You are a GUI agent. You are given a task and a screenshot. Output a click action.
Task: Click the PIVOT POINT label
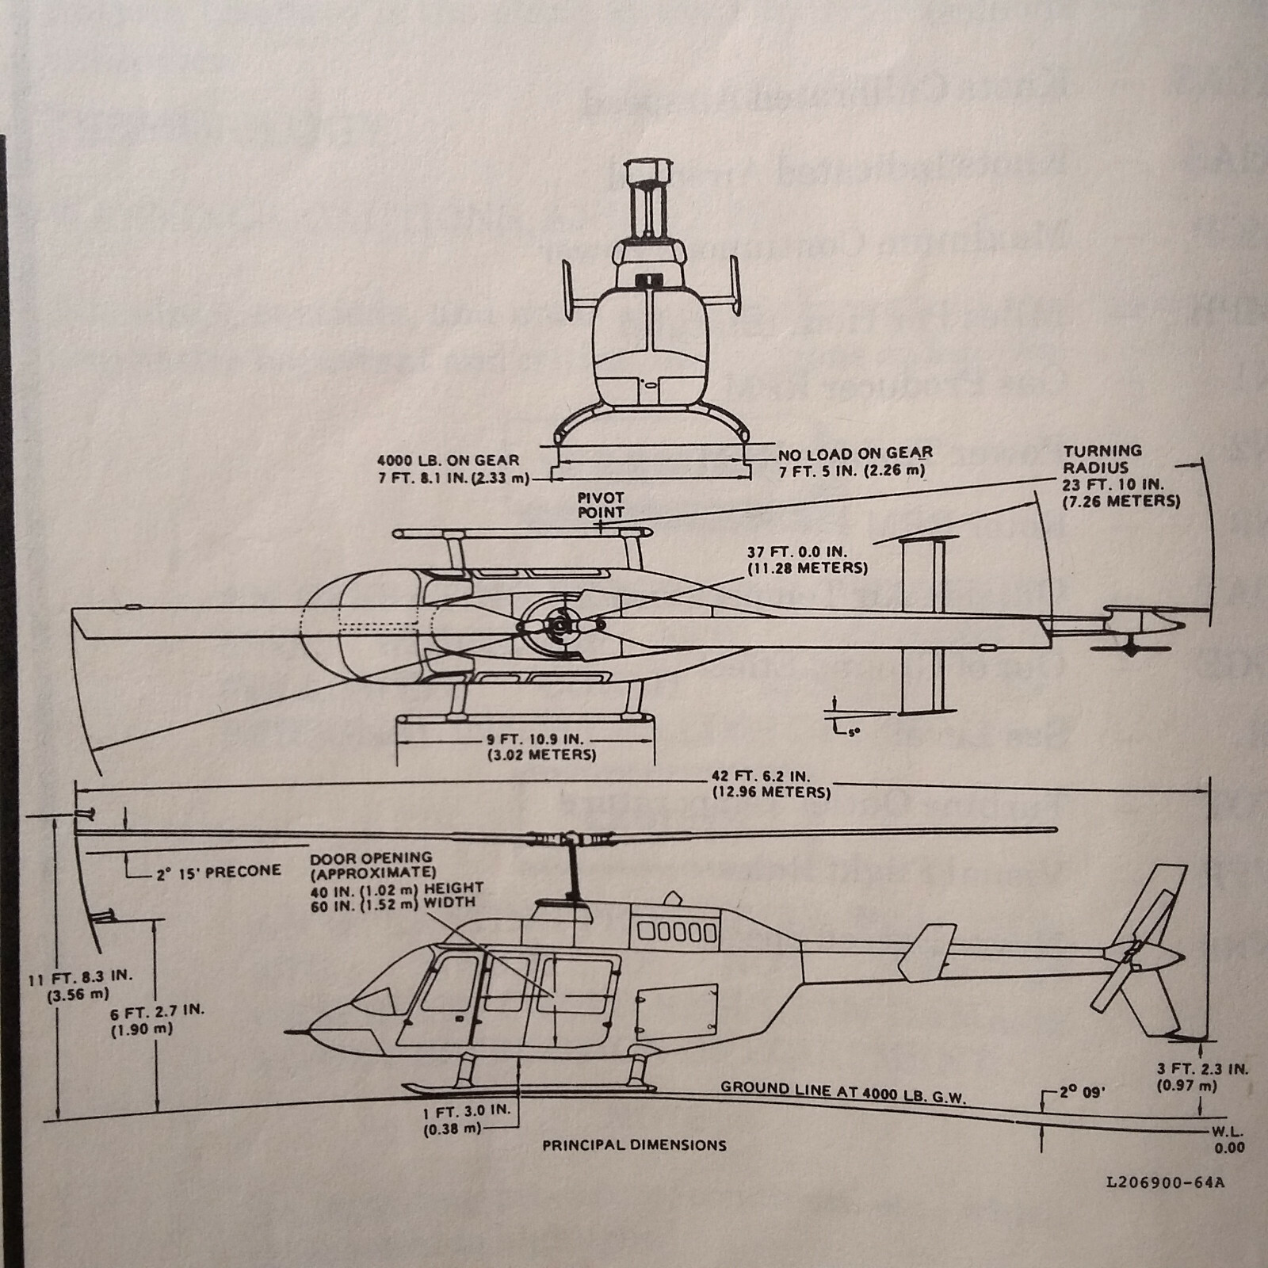coord(600,505)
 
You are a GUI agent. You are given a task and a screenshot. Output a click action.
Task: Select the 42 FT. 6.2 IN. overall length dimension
coord(770,785)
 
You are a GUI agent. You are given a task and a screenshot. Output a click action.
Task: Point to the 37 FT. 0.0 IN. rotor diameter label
coord(807,560)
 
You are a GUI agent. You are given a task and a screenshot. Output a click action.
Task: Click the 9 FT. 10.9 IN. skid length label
coord(541,747)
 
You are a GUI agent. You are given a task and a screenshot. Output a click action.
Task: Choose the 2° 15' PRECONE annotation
coord(217,871)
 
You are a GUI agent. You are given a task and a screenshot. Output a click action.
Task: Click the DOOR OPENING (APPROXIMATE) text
coord(370,865)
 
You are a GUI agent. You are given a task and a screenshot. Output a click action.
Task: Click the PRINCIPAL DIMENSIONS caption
coord(634,1144)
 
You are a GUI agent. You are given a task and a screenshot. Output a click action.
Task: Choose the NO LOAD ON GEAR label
coord(854,461)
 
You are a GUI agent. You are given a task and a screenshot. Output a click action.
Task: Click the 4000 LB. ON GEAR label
coord(449,468)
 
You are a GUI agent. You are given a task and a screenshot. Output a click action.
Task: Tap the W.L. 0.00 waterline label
coord(1227,1140)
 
